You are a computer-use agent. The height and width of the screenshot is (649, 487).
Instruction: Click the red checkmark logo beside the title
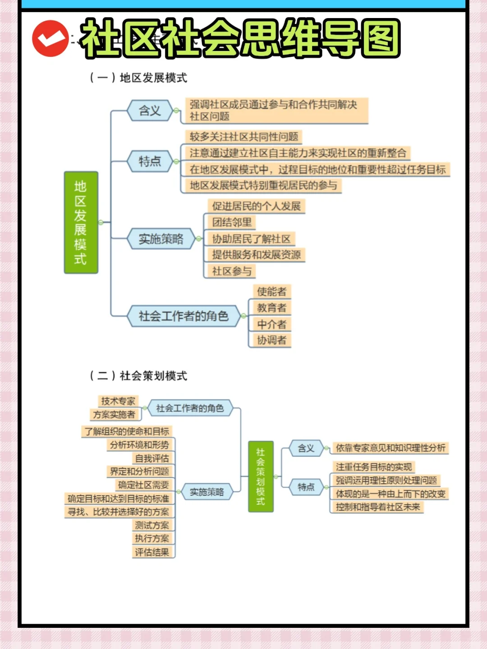51,39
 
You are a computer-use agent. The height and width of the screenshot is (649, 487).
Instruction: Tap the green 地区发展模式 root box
81,223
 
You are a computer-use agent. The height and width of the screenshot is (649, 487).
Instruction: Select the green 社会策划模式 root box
261,476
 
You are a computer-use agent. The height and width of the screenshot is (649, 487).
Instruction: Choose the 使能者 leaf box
271,292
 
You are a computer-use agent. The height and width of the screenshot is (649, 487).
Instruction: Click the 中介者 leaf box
271,324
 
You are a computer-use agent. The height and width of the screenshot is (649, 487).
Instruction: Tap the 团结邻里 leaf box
232,222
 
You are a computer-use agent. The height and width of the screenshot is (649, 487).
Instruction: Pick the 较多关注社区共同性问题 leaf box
244,137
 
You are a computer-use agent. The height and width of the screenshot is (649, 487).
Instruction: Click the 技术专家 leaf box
118,401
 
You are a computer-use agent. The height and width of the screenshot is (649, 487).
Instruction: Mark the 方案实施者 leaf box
114,415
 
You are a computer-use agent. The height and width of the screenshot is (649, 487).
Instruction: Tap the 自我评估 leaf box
152,458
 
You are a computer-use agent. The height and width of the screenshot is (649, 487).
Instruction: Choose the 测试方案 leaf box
152,525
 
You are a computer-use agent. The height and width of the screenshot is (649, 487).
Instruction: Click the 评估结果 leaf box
152,552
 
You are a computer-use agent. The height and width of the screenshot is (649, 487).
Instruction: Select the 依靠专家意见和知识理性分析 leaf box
391,448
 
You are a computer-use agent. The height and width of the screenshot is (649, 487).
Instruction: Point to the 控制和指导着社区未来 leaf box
378,507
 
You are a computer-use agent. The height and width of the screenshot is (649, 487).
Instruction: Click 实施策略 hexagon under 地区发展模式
161,239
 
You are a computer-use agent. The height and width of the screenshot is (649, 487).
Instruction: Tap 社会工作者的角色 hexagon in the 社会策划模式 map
190,408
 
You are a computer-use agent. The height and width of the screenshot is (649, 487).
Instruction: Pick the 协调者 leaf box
271,340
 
